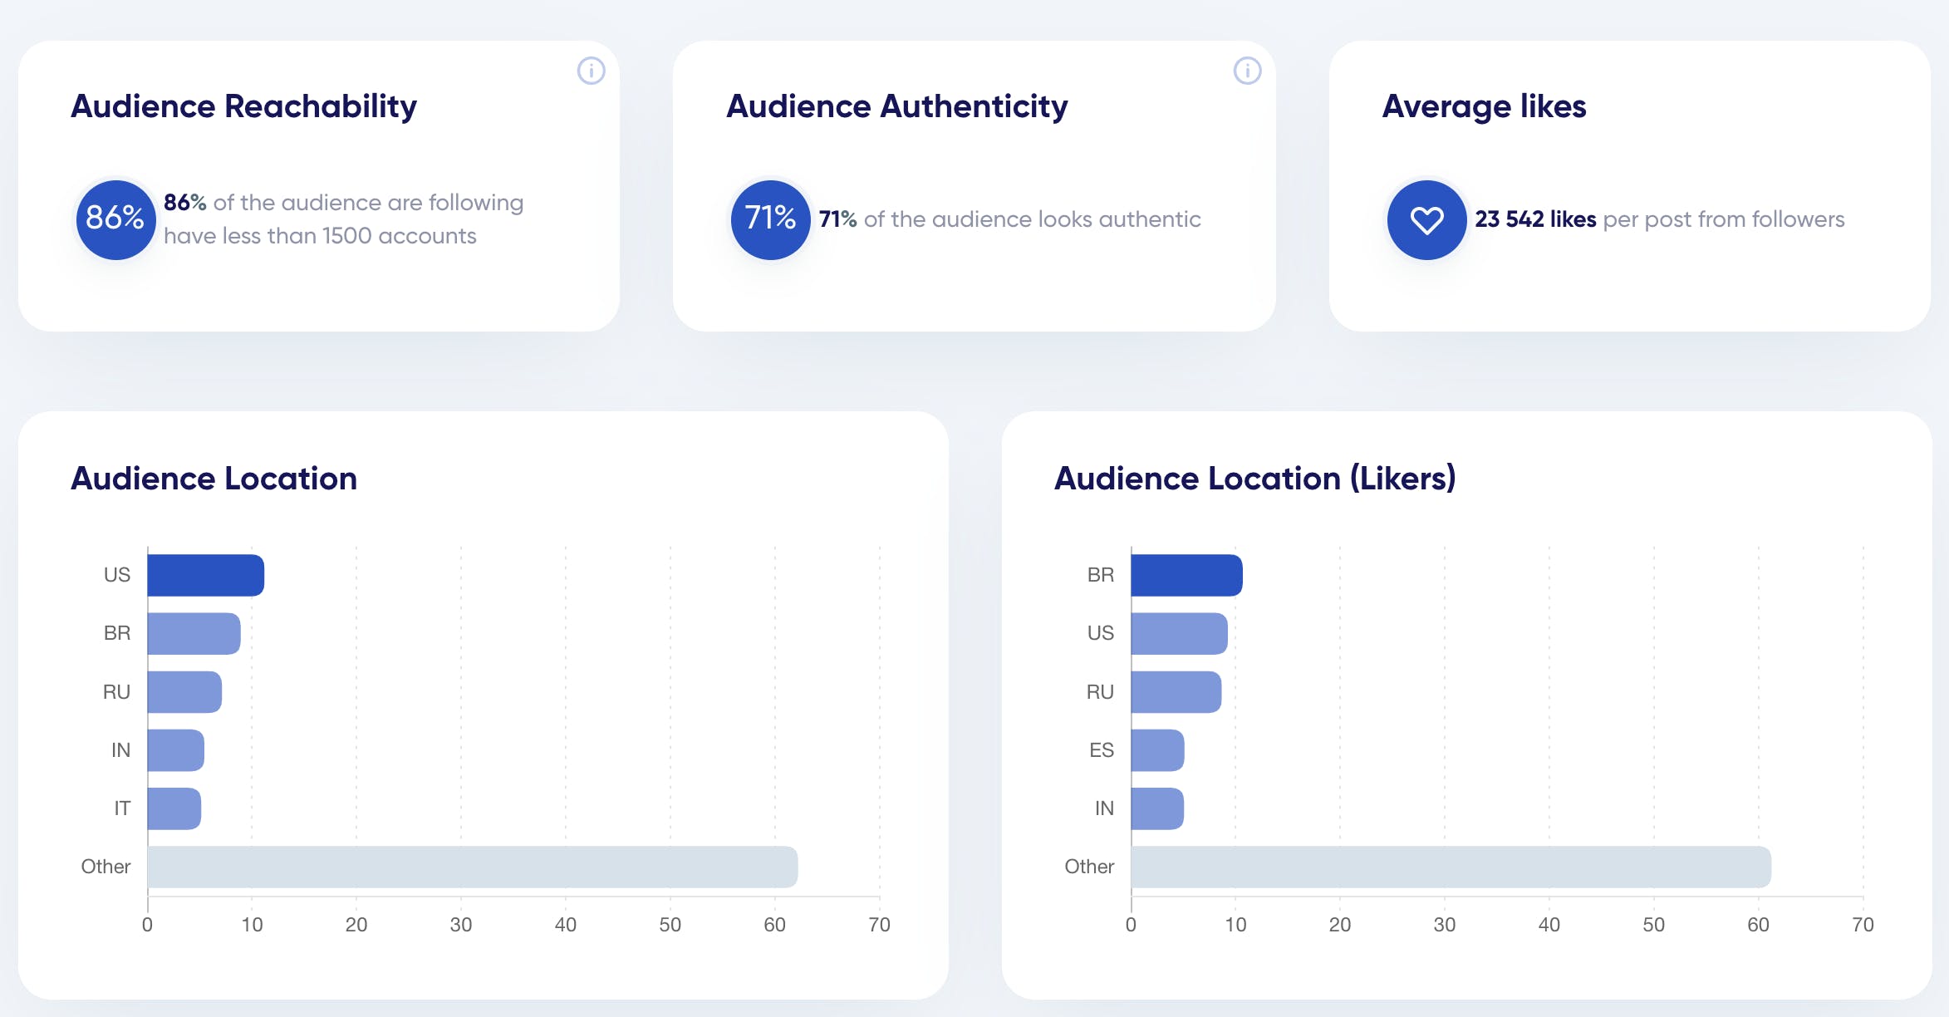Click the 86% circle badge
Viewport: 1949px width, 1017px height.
click(115, 219)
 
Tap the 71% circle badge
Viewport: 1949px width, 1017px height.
click(770, 219)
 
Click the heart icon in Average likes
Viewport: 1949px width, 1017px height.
click(1426, 220)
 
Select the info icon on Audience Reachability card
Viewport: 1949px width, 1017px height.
click(591, 71)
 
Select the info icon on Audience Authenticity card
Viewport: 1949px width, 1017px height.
click(1247, 71)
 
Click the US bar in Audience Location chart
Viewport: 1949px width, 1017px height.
click(205, 575)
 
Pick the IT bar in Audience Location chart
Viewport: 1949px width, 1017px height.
click(174, 808)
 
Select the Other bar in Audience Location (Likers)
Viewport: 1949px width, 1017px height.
click(1451, 867)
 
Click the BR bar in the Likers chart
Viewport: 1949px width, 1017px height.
click(1186, 575)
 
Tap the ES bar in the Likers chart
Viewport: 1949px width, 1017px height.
click(1157, 750)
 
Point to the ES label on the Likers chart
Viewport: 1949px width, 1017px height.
click(1101, 750)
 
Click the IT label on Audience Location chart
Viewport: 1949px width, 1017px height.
click(122, 808)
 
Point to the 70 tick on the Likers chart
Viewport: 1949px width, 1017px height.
click(1863, 925)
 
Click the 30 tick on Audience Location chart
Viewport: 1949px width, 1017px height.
click(461, 925)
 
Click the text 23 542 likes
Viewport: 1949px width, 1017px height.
click(1535, 219)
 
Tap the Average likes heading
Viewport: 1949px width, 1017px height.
click(1484, 106)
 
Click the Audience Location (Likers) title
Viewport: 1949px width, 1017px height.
click(1254, 479)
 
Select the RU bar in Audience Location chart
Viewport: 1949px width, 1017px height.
click(184, 692)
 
